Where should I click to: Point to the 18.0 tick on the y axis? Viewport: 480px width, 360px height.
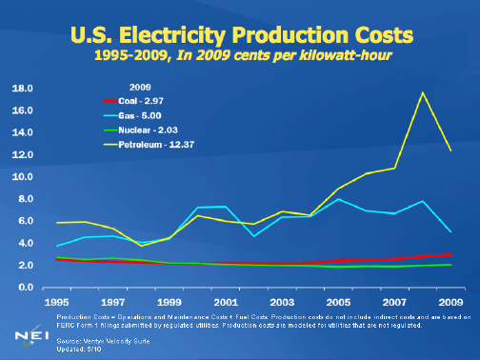[x=22, y=88]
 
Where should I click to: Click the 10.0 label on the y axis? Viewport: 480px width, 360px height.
[x=22, y=177]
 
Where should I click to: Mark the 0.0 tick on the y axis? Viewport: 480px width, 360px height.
[x=24, y=288]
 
